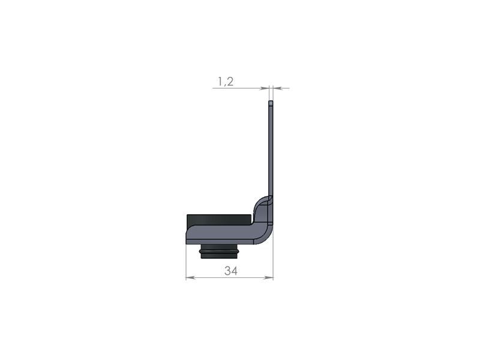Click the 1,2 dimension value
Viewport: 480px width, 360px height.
pyautogui.click(x=226, y=82)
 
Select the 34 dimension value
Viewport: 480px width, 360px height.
pyautogui.click(x=231, y=271)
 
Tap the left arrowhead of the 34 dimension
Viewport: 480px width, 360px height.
pyautogui.click(x=190, y=278)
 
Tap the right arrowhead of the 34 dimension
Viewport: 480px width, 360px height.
pyautogui.click(x=269, y=278)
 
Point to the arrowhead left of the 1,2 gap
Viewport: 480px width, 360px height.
pyautogui.click(x=264, y=88)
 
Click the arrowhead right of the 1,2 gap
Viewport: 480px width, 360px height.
pyautogui.click(x=278, y=88)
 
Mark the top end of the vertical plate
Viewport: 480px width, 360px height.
pyautogui.click(x=271, y=101)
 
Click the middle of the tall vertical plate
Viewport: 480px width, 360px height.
pyautogui.click(x=271, y=150)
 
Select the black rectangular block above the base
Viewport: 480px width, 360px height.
pyautogui.click(x=219, y=220)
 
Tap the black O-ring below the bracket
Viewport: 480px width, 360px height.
pyautogui.click(x=220, y=253)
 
